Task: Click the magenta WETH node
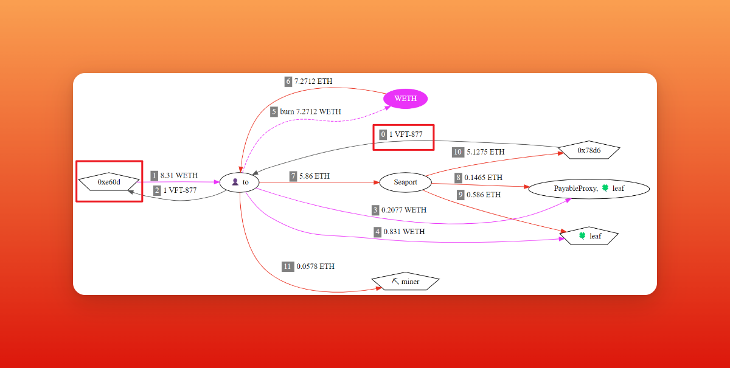405,99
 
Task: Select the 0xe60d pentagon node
109,181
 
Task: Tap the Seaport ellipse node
405,182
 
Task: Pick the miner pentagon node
406,282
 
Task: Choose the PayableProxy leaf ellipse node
589,189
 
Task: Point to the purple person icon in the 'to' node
234,182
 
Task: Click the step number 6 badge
288,81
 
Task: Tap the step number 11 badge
288,266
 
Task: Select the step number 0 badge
383,134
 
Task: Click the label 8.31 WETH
179,175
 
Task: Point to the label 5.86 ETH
315,176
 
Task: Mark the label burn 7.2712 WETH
310,111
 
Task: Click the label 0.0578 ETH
315,266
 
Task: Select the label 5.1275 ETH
486,151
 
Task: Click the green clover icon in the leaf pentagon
582,236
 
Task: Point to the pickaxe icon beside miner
395,282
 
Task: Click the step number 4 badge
377,232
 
